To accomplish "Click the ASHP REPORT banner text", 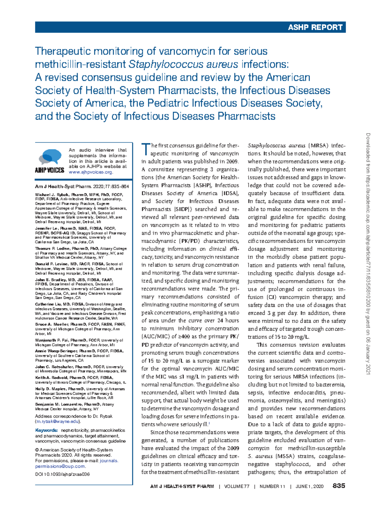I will (315, 28).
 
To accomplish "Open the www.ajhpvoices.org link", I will (90, 172).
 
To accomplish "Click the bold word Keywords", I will (46, 430).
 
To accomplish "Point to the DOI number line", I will (62, 474).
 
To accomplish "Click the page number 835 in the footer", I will (338, 486).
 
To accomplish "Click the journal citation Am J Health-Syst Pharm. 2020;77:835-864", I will (82, 187).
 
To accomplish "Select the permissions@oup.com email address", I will (60, 466).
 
